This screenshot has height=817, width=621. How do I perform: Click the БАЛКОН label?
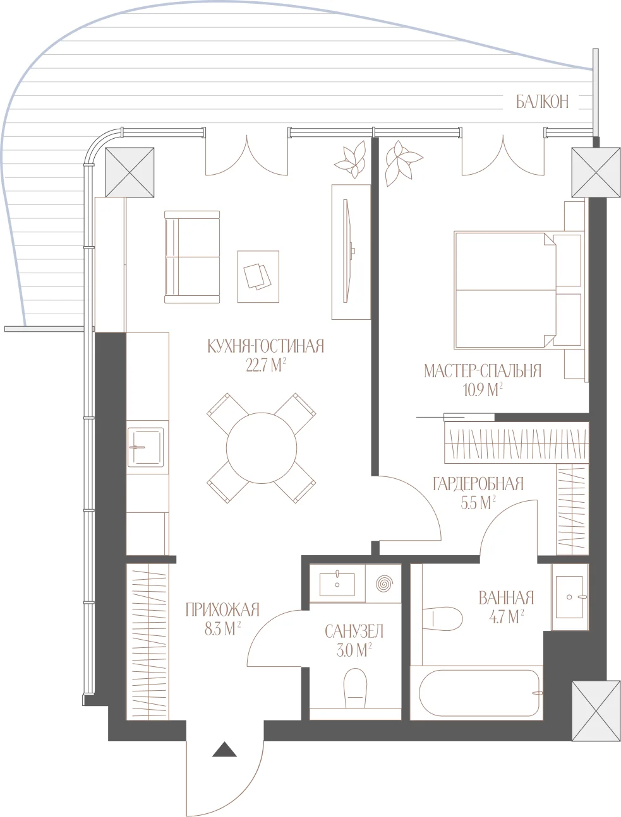tap(543, 102)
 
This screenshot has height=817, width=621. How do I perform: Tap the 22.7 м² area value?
tap(266, 365)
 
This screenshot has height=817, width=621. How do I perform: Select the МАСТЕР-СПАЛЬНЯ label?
tap(483, 371)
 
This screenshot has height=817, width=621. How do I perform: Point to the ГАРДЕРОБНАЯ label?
tap(478, 484)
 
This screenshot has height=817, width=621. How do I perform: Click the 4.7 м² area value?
tap(507, 617)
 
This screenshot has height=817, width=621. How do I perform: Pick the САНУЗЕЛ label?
tap(354, 632)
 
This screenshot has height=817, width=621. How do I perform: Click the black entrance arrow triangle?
tap(224, 749)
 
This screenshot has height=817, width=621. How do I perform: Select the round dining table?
tap(262, 448)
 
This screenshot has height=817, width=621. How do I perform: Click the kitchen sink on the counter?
tap(145, 447)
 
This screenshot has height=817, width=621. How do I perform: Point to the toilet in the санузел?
tap(355, 688)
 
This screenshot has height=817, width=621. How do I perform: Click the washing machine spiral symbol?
tap(383, 583)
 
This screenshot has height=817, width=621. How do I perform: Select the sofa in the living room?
tap(192, 257)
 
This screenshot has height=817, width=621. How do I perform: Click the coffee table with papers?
tap(258, 276)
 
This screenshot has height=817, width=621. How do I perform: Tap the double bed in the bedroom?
tap(518, 290)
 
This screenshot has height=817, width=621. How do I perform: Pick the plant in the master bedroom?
tap(402, 162)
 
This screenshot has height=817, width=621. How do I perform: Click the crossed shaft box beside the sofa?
tap(130, 172)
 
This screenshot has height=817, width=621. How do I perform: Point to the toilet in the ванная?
tap(442, 619)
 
